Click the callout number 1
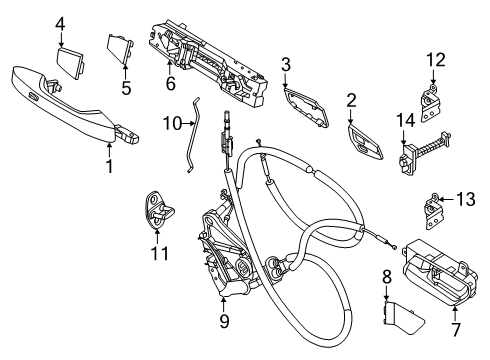pyautogui.click(x=109, y=165)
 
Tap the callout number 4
pyautogui.click(x=60, y=24)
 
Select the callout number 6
pyautogui.click(x=170, y=83)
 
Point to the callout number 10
pyautogui.click(x=173, y=123)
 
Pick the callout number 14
pyautogui.click(x=406, y=121)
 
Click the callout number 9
pyautogui.click(x=224, y=321)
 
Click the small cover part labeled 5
pyautogui.click(x=120, y=49)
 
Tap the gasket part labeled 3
pyautogui.click(x=306, y=106)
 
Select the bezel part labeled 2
pyautogui.click(x=365, y=142)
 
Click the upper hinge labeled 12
pyautogui.click(x=429, y=103)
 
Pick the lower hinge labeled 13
pyautogui.click(x=433, y=212)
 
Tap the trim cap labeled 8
pyautogui.click(x=402, y=318)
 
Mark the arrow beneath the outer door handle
pyautogui.click(x=109, y=149)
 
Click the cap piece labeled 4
pyautogui.click(x=71, y=63)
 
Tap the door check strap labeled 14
pyautogui.click(x=424, y=154)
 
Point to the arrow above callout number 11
pyautogui.click(x=157, y=237)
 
